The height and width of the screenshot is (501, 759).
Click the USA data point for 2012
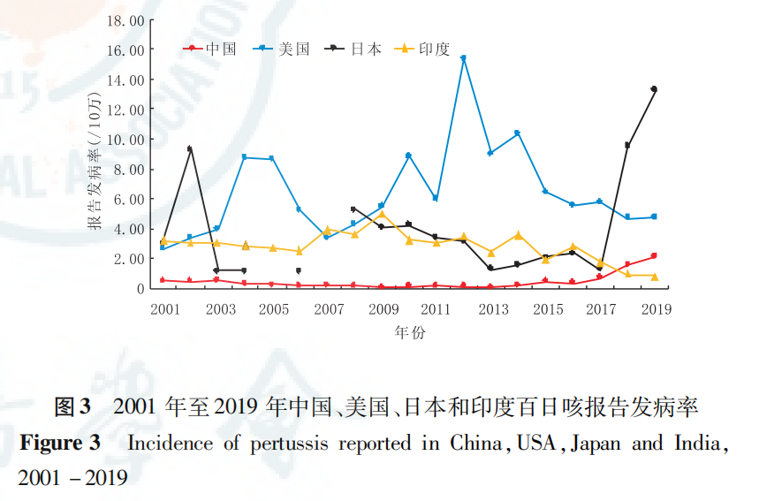tap(463, 58)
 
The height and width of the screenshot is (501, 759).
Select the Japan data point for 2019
tap(654, 89)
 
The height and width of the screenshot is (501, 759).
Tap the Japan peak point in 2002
tap(189, 149)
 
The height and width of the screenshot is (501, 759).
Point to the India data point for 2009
tap(381, 214)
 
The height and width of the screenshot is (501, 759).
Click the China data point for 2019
tap(654, 255)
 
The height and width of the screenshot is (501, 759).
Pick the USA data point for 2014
tap(517, 133)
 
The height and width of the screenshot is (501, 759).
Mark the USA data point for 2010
tap(408, 156)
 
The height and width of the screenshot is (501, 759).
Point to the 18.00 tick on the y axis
tap(124, 20)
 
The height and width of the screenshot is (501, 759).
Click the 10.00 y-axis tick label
tap(124, 140)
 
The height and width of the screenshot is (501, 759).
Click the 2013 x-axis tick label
tap(494, 309)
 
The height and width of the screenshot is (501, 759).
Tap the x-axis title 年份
tap(409, 333)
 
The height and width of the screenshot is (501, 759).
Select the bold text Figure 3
tap(60, 443)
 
